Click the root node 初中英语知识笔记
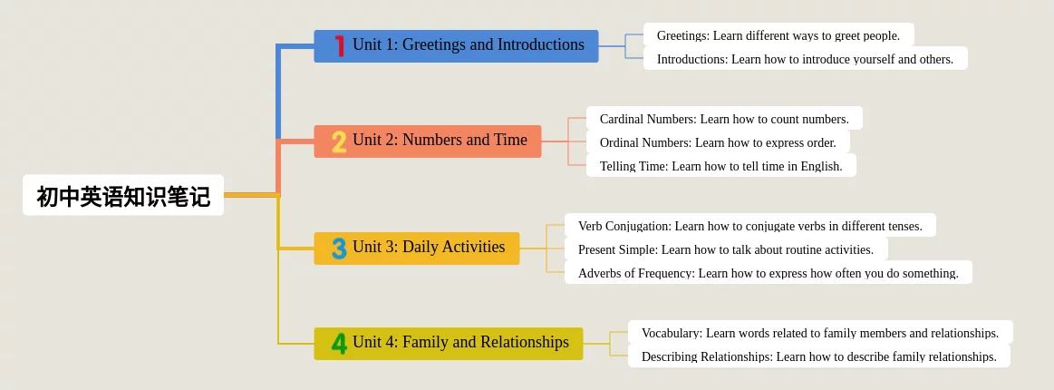(x=123, y=195)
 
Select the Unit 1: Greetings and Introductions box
(x=456, y=45)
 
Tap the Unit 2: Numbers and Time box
(x=428, y=141)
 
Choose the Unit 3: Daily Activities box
(x=417, y=249)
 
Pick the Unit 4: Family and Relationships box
(x=449, y=344)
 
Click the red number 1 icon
(x=340, y=45)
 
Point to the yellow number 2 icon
(x=340, y=141)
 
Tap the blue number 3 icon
(x=340, y=249)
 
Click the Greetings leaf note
(x=779, y=35)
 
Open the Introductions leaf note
(x=806, y=58)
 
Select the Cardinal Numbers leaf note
(x=725, y=118)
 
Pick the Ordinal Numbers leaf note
(x=718, y=141)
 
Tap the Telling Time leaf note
(x=721, y=165)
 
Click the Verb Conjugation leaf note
(x=750, y=225)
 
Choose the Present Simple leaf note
(x=726, y=249)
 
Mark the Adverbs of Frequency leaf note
(x=769, y=272)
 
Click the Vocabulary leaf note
(x=820, y=332)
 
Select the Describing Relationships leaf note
(x=818, y=356)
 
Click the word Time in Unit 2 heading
(x=510, y=140)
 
